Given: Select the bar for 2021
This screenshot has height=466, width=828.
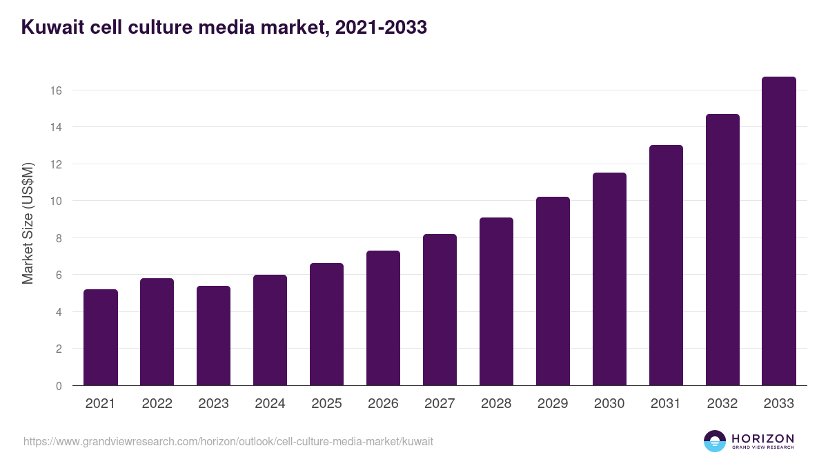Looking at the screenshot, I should [x=101, y=338].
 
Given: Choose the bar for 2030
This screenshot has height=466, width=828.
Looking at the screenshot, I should [x=609, y=279].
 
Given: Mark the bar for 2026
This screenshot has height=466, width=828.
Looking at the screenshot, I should [x=383, y=318].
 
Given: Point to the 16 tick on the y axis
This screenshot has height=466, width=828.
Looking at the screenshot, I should [x=57, y=90].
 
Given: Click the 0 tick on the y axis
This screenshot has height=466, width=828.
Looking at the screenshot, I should [x=59, y=386].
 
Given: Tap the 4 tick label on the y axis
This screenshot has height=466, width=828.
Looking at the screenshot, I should [x=59, y=312].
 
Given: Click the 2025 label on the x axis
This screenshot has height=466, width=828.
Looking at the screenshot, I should [x=326, y=404].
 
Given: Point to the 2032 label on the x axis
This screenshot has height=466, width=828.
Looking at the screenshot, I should [x=722, y=404].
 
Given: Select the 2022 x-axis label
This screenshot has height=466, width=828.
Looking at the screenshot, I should [x=157, y=404].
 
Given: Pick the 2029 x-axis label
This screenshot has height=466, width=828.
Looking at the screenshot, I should [x=553, y=404].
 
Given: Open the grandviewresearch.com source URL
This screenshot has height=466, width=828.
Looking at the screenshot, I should [x=228, y=441].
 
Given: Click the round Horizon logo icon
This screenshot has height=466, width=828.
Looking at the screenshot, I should [x=715, y=441].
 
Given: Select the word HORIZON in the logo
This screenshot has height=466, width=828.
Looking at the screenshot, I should [x=762, y=438].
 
